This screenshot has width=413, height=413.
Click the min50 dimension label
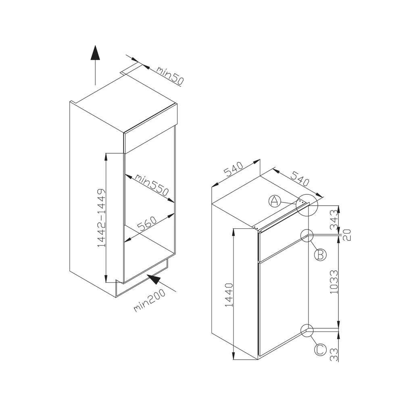coord(170,75)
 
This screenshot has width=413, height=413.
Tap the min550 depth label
coord(152,185)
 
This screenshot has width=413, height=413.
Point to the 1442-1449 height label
coord(101,217)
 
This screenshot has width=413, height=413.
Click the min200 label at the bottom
coord(149,300)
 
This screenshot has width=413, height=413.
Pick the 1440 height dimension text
coord(229,295)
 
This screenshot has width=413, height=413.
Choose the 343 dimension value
coord(334,219)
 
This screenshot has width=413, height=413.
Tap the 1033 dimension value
coord(334,282)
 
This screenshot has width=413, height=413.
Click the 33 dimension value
coord(334,355)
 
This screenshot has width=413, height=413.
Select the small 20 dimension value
coord(347,235)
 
